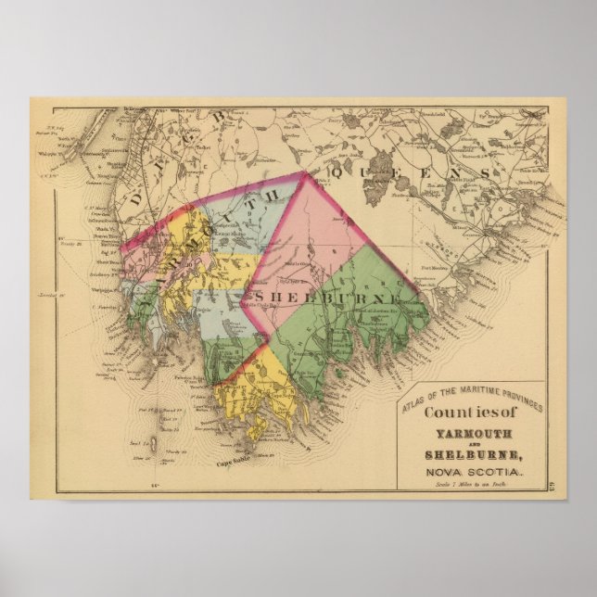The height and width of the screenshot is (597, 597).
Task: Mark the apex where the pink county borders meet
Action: tap(305, 171)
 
